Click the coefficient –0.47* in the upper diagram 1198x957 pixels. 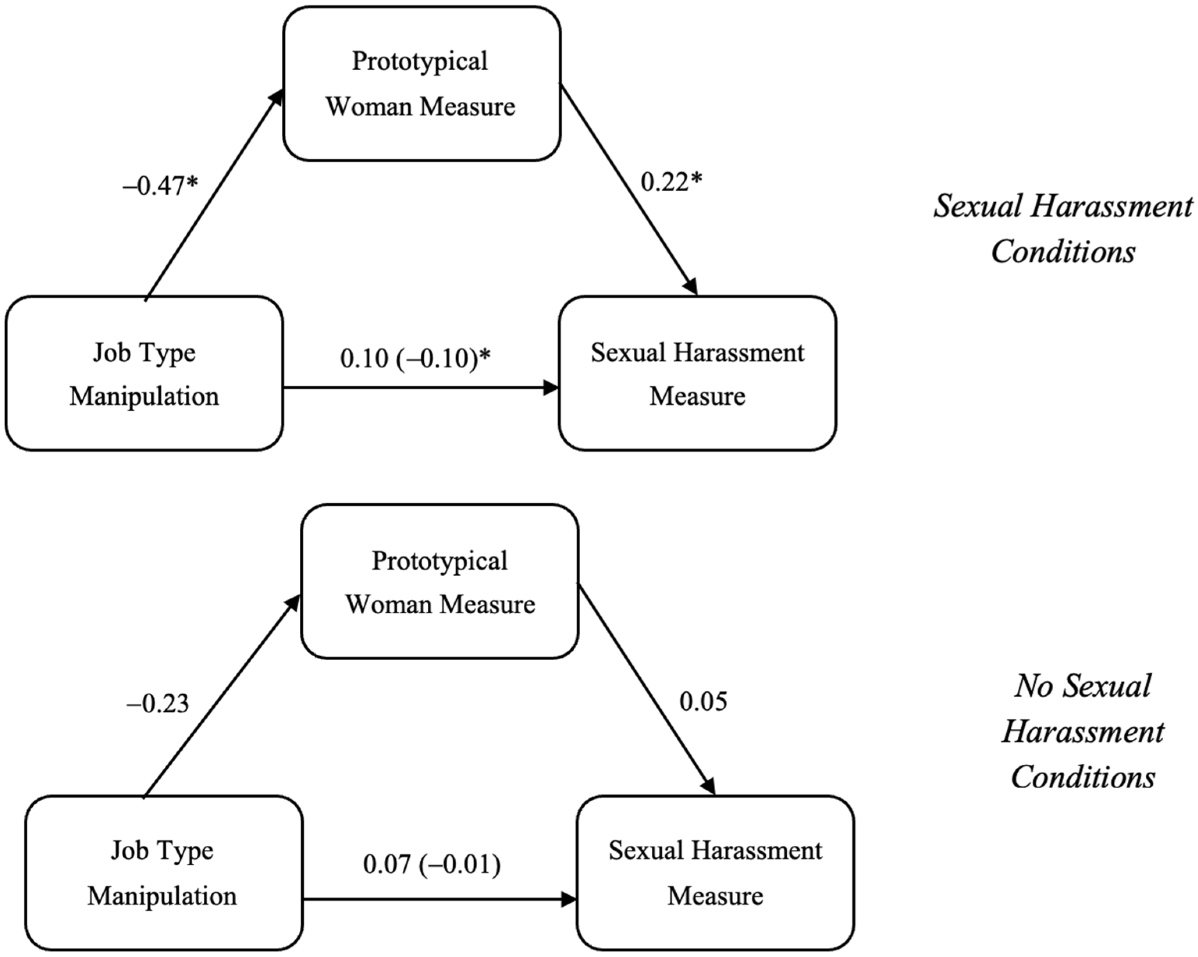[160, 186]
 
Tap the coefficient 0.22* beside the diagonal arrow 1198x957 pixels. [671, 182]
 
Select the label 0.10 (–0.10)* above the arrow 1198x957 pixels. [415, 358]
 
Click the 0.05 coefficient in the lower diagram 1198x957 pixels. [703, 701]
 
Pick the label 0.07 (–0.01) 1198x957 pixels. [432, 864]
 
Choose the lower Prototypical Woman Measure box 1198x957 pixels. [439, 582]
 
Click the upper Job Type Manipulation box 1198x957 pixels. [144, 373]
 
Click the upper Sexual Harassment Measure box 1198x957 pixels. [697, 373]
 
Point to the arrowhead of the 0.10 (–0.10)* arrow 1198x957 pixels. [551, 388]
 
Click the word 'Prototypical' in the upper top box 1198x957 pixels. [419, 61]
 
